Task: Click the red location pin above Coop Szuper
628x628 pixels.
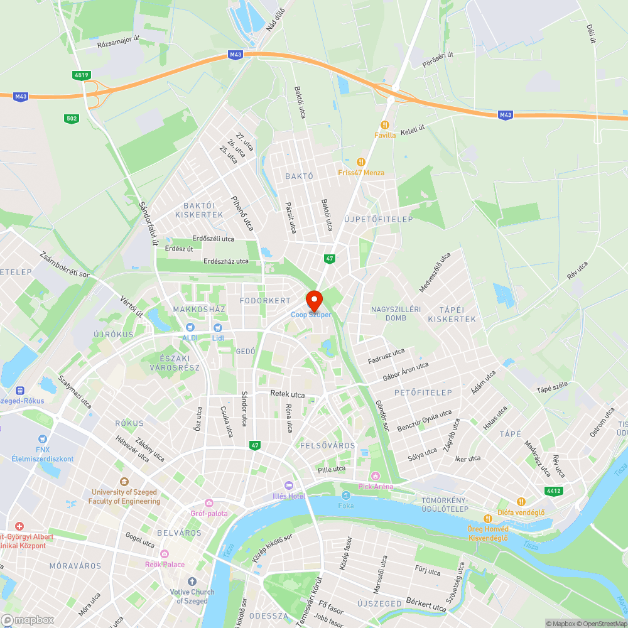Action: [314, 299]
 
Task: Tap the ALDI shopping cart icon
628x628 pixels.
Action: [189, 327]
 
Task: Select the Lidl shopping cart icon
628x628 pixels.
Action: [218, 327]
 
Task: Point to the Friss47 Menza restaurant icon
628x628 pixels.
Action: [360, 162]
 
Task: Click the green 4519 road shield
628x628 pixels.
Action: [80, 75]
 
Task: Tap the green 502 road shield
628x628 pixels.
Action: [71, 118]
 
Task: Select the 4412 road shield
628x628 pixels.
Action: [554, 490]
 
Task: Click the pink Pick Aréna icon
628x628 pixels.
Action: [376, 476]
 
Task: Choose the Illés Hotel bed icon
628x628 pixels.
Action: [289, 485]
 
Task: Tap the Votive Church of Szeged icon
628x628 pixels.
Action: [192, 582]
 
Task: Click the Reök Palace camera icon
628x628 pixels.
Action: [165, 554]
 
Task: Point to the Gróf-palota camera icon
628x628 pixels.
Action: [209, 503]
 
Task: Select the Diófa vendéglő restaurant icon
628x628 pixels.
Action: [521, 501]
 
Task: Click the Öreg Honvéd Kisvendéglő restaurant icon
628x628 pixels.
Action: [488, 518]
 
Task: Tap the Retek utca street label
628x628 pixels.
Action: [287, 394]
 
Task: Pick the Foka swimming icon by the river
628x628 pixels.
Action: [345, 495]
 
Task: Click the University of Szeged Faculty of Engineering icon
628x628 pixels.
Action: [124, 482]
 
